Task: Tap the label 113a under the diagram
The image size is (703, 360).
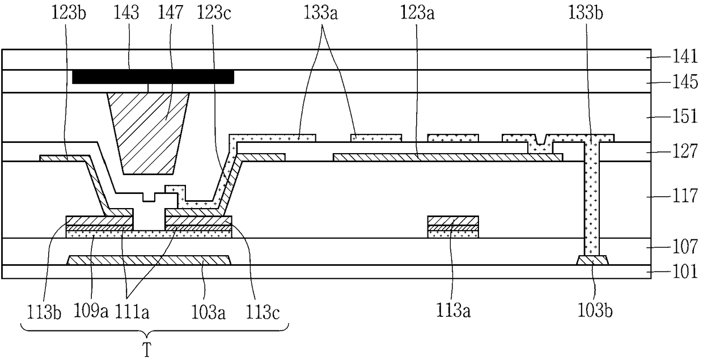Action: [x=453, y=311]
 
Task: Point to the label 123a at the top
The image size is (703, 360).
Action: [x=417, y=13]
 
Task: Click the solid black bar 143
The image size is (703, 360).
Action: [x=153, y=77]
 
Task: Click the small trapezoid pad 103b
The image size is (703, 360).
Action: [x=593, y=260]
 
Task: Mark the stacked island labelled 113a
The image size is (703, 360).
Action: [x=453, y=227]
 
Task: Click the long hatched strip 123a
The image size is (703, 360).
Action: [x=448, y=157]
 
